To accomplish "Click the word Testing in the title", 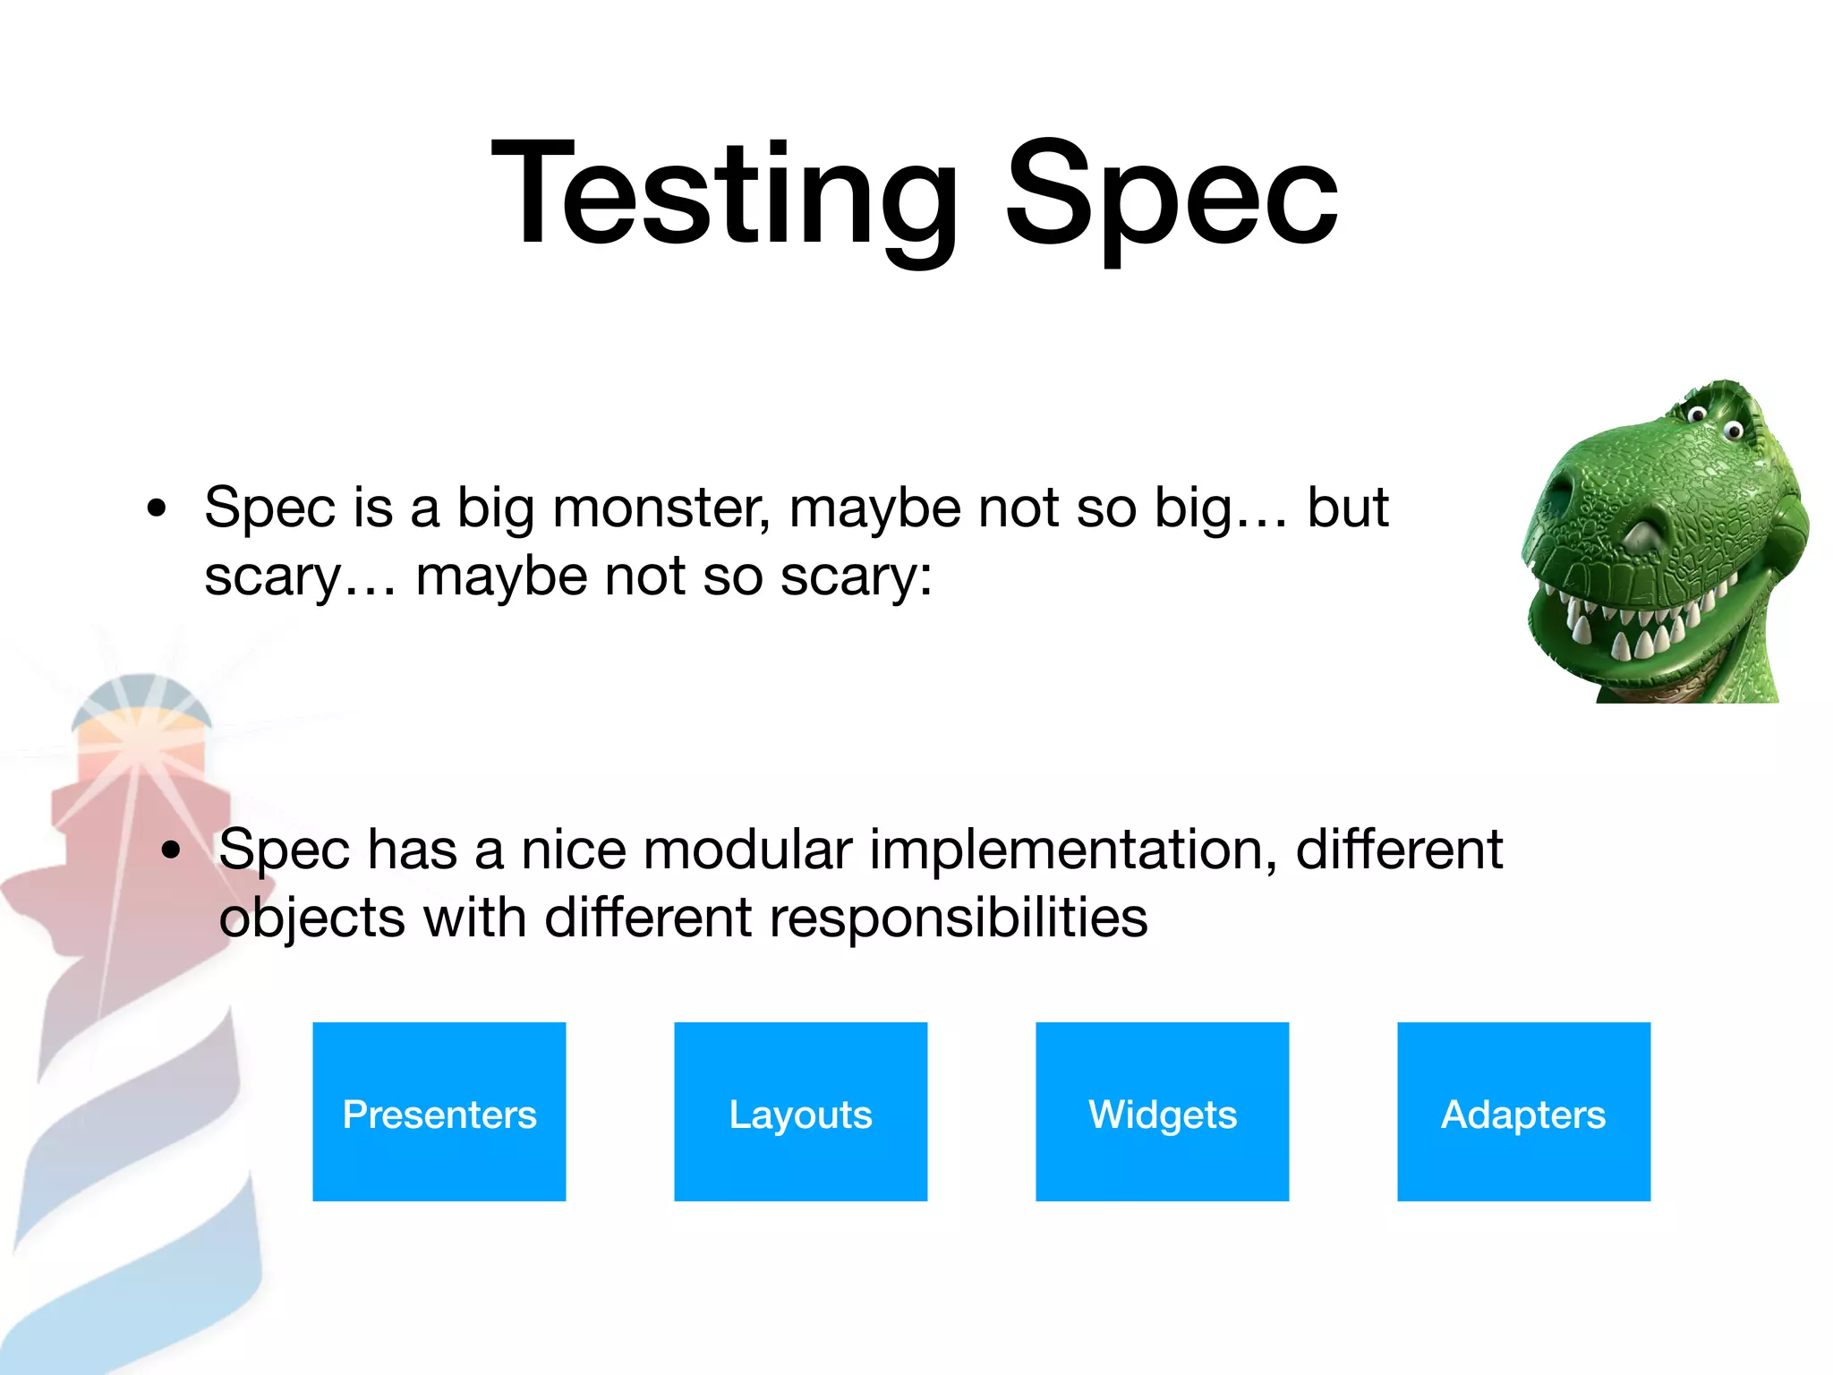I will point(725,192).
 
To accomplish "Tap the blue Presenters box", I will point(439,1112).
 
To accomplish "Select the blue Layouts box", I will point(800,1112).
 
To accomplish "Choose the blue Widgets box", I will point(1162,1112).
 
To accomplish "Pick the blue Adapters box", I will point(1523,1112).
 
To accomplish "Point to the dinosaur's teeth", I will point(1629,627).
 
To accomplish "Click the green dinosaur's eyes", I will point(1714,421).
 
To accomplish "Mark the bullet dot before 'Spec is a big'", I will point(157,508).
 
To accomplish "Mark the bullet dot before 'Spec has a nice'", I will point(171,850).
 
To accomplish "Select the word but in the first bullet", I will point(1348,508).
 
